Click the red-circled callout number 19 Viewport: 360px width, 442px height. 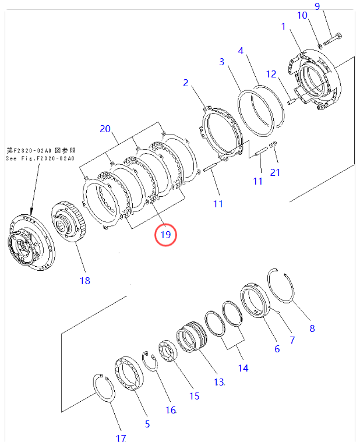[165, 235]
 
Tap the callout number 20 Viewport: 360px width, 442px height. [105, 129]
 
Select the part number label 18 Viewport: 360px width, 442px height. [85, 281]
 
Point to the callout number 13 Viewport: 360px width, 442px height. [218, 382]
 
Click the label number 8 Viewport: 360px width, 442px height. [312, 328]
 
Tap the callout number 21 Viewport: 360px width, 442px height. [275, 172]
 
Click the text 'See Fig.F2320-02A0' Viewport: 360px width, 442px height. [40, 158]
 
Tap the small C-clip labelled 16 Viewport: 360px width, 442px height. [150, 361]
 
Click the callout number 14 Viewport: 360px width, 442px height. [242, 368]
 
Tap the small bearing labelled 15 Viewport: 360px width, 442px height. [171, 353]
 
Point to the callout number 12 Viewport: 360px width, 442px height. [271, 74]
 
